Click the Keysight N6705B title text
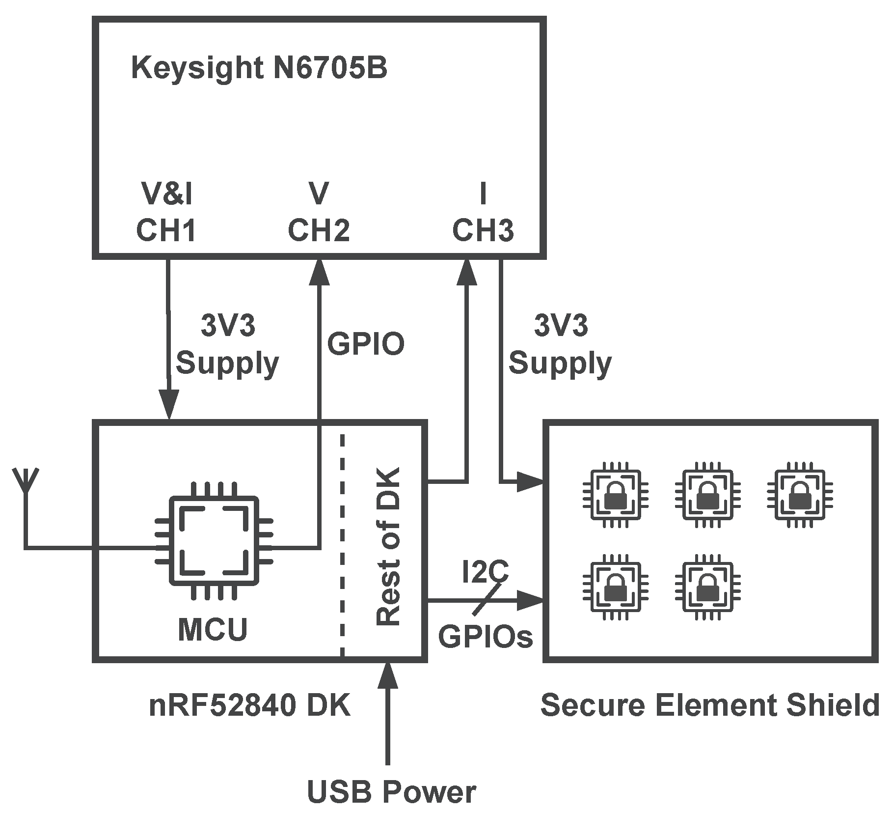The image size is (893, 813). coord(259,68)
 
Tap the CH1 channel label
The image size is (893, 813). coord(166,230)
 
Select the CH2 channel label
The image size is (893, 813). coord(319,230)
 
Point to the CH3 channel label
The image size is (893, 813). coord(483,230)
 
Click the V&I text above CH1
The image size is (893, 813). coord(167,194)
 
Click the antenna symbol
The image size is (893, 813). coord(26,482)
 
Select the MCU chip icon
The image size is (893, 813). coord(214,541)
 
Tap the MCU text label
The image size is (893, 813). coord(213,630)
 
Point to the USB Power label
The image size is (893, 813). coord(391,792)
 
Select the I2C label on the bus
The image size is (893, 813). coord(485,571)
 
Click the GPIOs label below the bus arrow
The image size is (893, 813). coord(486,637)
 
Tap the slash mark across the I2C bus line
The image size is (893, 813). coord(488,599)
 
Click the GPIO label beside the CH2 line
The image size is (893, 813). coord(366,344)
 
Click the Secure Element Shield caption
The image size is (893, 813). coord(709,705)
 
